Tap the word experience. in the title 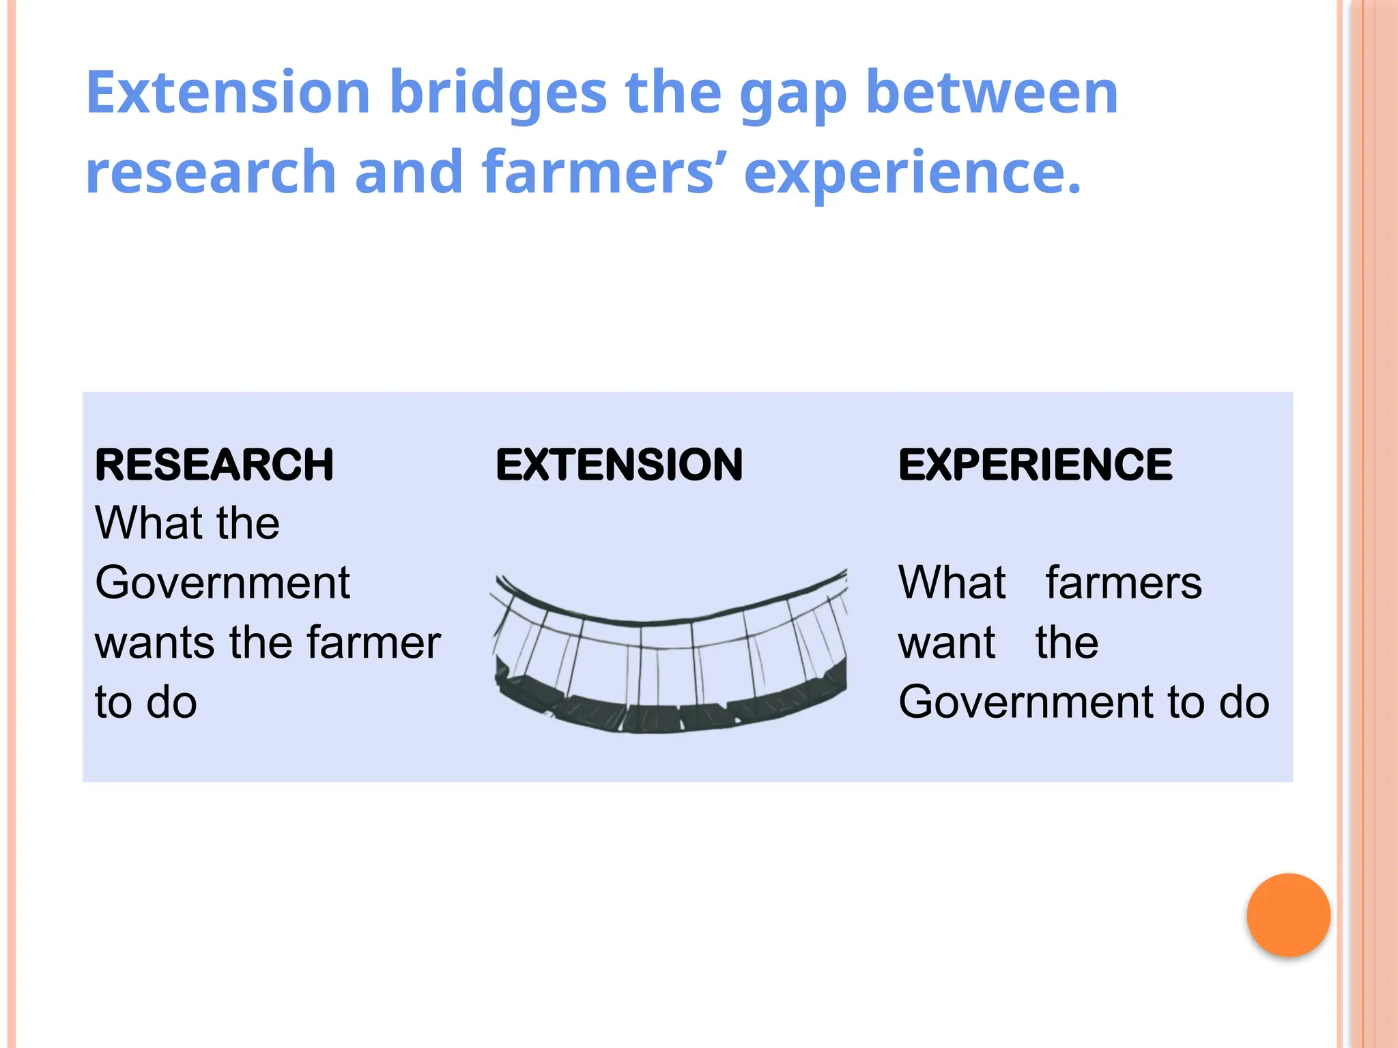click(x=913, y=173)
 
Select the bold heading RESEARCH click(x=214, y=465)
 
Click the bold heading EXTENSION click(x=619, y=465)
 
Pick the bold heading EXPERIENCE click(x=1035, y=465)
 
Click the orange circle click(x=1288, y=915)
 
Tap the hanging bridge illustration click(x=670, y=655)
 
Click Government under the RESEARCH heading click(x=223, y=583)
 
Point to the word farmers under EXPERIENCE click(x=1124, y=583)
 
